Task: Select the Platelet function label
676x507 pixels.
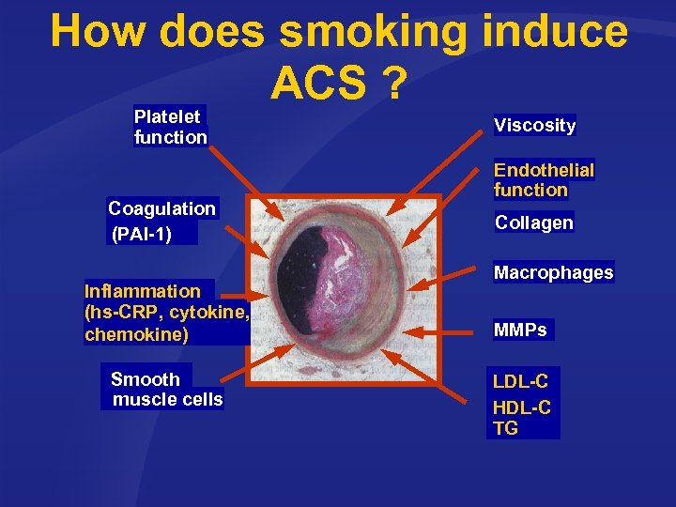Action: click(170, 127)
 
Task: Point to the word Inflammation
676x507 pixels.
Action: click(143, 291)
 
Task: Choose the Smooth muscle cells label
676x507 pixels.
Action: click(166, 389)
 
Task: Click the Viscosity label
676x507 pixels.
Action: click(534, 125)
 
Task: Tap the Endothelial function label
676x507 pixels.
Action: click(544, 179)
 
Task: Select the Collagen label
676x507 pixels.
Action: click(533, 223)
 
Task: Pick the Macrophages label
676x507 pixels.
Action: click(553, 272)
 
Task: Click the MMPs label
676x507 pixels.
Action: click(520, 330)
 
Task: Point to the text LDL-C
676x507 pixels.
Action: click(521, 381)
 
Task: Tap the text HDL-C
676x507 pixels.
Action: click(521, 407)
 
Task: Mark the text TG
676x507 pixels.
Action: click(505, 428)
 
